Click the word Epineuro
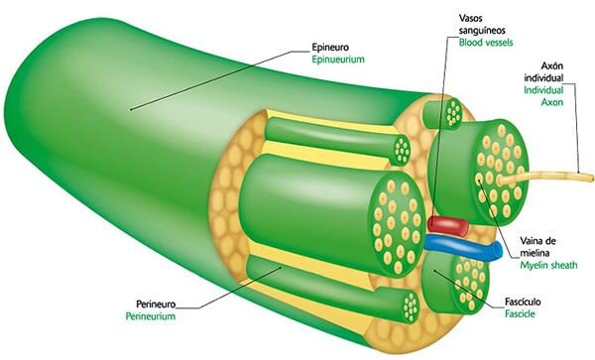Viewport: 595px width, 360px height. click(330, 48)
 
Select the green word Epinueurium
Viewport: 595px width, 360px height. click(338, 60)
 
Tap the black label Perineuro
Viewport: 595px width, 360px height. click(156, 304)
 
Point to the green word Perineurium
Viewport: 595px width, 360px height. click(151, 316)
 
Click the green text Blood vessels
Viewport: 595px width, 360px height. click(486, 42)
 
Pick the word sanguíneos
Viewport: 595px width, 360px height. click(482, 31)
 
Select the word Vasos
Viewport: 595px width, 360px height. click(470, 18)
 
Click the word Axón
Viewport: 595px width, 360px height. click(551, 66)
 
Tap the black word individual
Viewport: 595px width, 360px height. click(543, 78)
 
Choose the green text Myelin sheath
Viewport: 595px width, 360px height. click(548, 265)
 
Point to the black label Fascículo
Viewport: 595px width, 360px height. click(523, 301)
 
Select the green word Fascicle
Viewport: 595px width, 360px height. click(520, 314)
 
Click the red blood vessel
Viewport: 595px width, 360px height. click(447, 224)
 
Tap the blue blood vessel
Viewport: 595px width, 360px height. click(463, 248)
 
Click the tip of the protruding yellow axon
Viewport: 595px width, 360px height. click(591, 178)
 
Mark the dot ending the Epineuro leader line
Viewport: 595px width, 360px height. click(131, 110)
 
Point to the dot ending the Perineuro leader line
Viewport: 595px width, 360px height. click(281, 267)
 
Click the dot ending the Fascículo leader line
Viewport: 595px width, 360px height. click(434, 271)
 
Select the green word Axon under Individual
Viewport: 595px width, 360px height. click(552, 102)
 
